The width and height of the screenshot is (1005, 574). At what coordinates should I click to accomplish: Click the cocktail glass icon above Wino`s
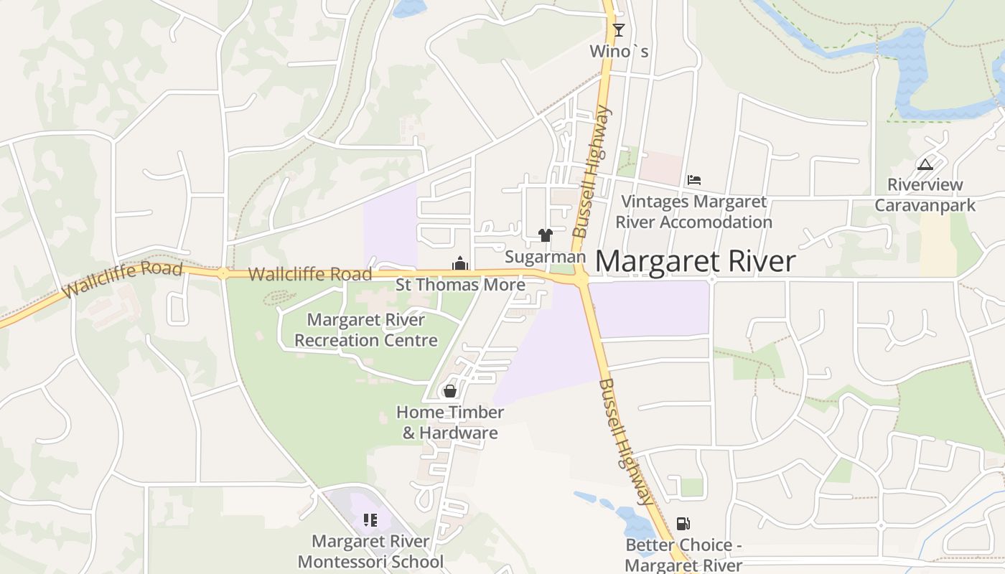coord(618,29)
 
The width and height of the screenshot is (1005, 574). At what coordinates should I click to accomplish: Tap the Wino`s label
coord(619,51)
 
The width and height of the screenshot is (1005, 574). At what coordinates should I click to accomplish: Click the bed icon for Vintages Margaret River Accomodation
coord(693,180)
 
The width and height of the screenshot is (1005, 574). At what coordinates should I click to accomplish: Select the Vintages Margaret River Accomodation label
coord(693,212)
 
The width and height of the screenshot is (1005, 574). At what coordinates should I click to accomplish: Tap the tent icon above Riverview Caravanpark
coord(925,164)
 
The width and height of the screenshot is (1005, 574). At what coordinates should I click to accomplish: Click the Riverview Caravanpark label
coord(925,195)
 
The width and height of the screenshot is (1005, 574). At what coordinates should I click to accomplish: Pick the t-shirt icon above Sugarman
coord(546,235)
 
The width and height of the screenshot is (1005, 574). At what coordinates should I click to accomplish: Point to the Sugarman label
coord(546,256)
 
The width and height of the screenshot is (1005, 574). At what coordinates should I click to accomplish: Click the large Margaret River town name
coord(695,261)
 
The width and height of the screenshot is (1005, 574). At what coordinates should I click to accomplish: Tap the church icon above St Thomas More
coord(460,264)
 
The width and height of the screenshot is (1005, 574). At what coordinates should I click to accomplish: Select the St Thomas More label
coord(460,285)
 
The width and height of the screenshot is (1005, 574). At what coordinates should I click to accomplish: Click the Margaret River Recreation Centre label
coord(366,330)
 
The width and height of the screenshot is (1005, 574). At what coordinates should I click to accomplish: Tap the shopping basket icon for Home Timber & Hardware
coord(450,391)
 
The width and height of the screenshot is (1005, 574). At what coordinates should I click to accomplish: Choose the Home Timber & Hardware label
coord(450,423)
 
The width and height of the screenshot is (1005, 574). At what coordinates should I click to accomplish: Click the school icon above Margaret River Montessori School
coord(370,520)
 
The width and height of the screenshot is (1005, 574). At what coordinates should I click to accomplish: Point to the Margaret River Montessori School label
coord(370,551)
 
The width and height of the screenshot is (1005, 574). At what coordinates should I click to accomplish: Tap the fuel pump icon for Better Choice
coord(683,524)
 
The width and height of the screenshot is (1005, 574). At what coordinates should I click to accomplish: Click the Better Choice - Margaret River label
coord(683,555)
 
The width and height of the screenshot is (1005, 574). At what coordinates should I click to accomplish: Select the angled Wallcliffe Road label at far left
coord(122,280)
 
